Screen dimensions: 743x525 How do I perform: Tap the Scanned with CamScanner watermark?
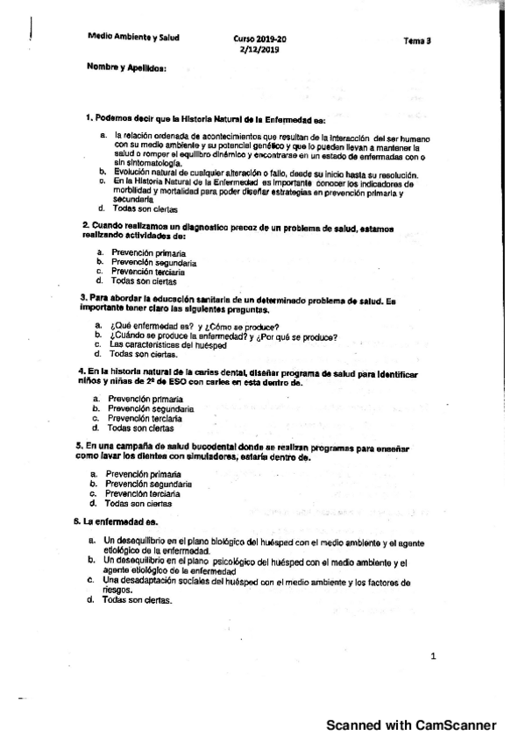point(411,725)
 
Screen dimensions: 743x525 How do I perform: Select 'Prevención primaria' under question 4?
point(146,399)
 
